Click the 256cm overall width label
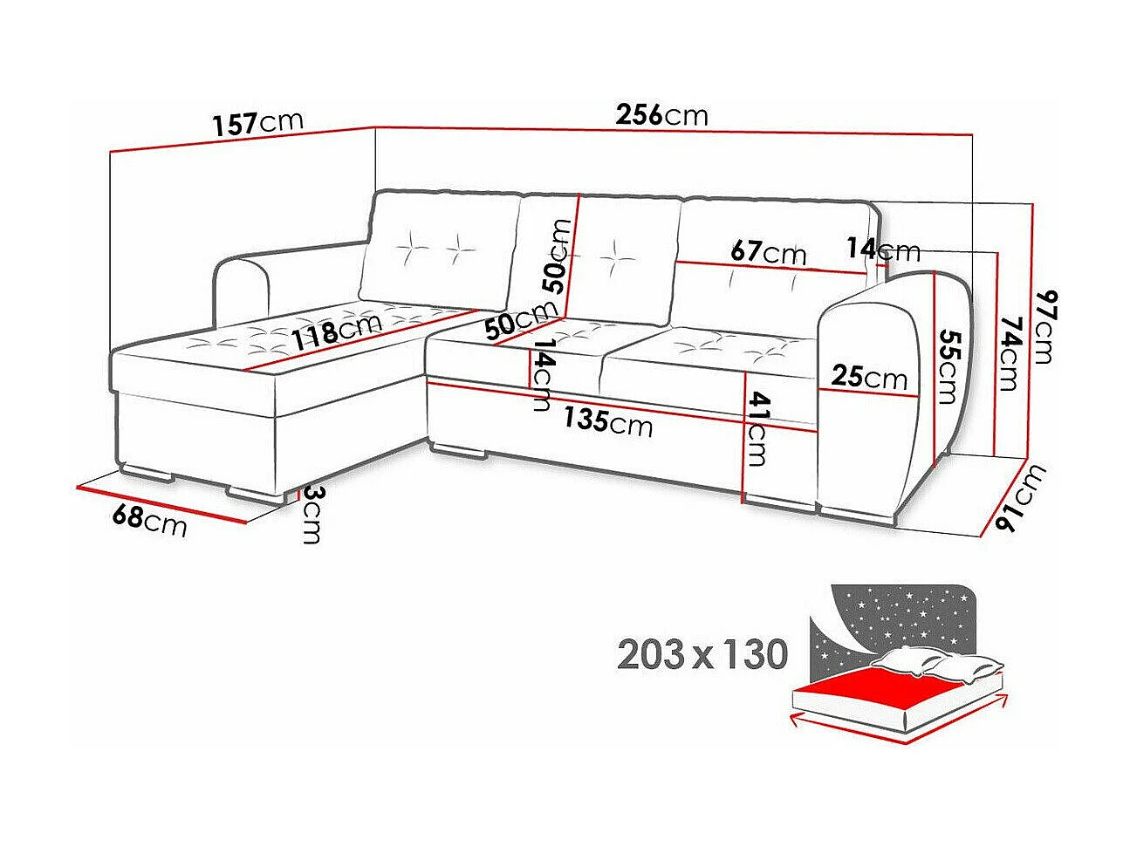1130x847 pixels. click(x=661, y=115)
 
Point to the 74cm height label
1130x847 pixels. click(x=1009, y=353)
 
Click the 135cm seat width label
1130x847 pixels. click(x=607, y=421)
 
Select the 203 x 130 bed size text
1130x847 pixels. click(x=702, y=653)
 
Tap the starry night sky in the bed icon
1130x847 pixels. click(x=899, y=619)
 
